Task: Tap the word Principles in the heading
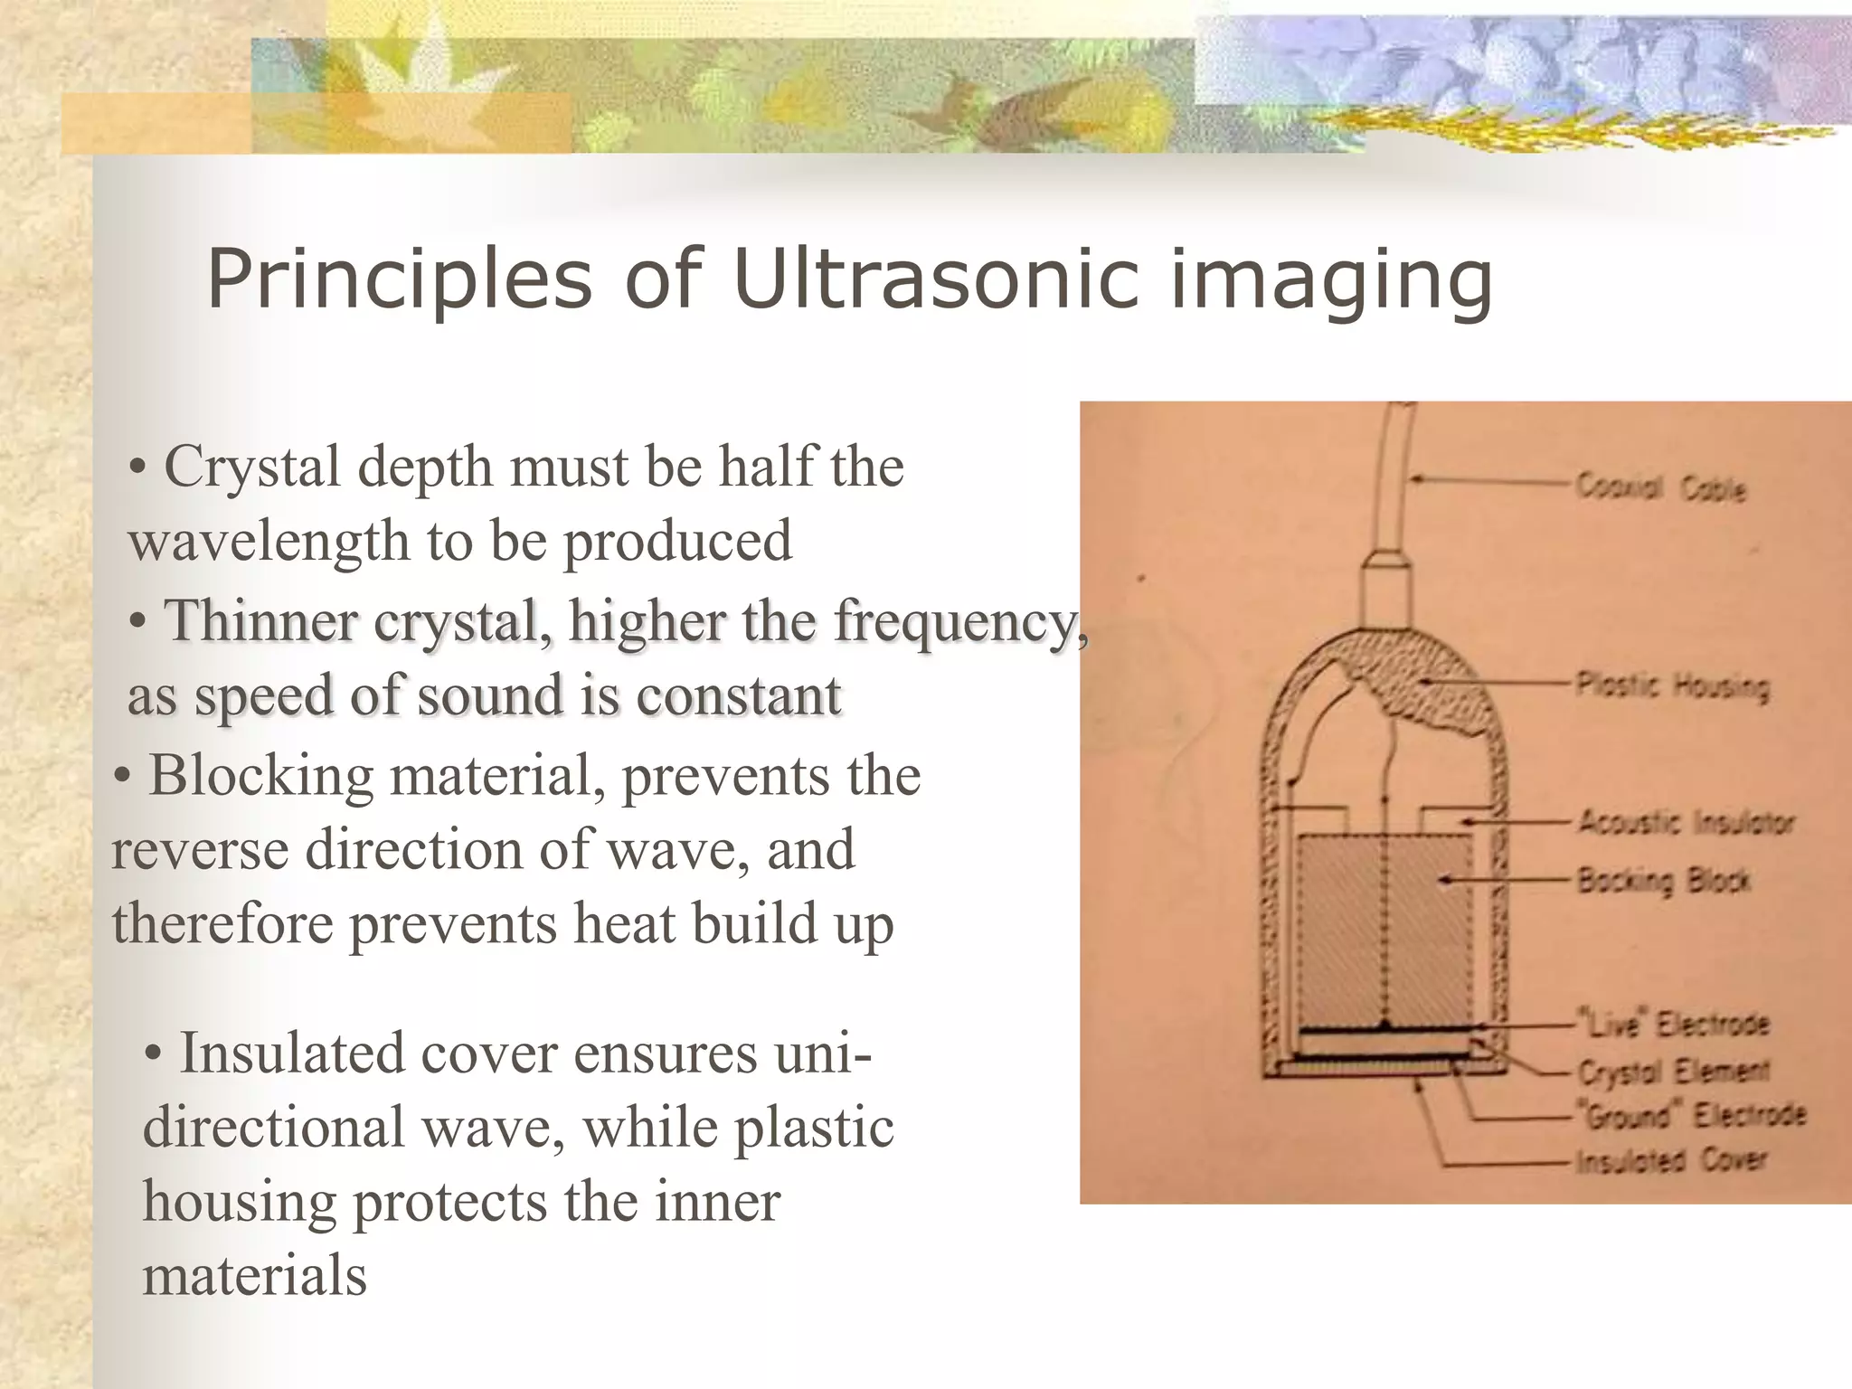[x=398, y=280]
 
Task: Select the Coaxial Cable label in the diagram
[x=1661, y=487]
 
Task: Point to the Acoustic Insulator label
[x=1686, y=823]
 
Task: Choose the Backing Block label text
[x=1663, y=880]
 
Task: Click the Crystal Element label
[x=1673, y=1072]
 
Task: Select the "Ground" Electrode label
[x=1691, y=1116]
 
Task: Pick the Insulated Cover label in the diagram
[x=1670, y=1160]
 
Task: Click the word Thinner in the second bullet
[x=260, y=621]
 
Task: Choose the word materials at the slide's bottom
[x=255, y=1275]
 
